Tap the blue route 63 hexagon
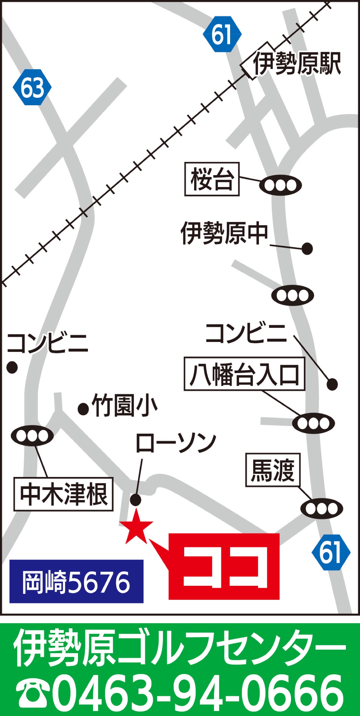[32, 87]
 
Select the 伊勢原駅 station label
[297, 63]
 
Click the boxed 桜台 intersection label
[212, 179]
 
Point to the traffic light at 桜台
[280, 185]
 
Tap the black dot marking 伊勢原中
[307, 249]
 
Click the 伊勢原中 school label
[224, 233]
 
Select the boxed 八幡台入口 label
[244, 374]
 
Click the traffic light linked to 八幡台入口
[313, 423]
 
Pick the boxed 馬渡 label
[273, 470]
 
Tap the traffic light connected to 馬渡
[322, 509]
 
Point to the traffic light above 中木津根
[32, 436]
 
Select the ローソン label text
[176, 443]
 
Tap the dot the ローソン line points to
[136, 500]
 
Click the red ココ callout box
[224, 567]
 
